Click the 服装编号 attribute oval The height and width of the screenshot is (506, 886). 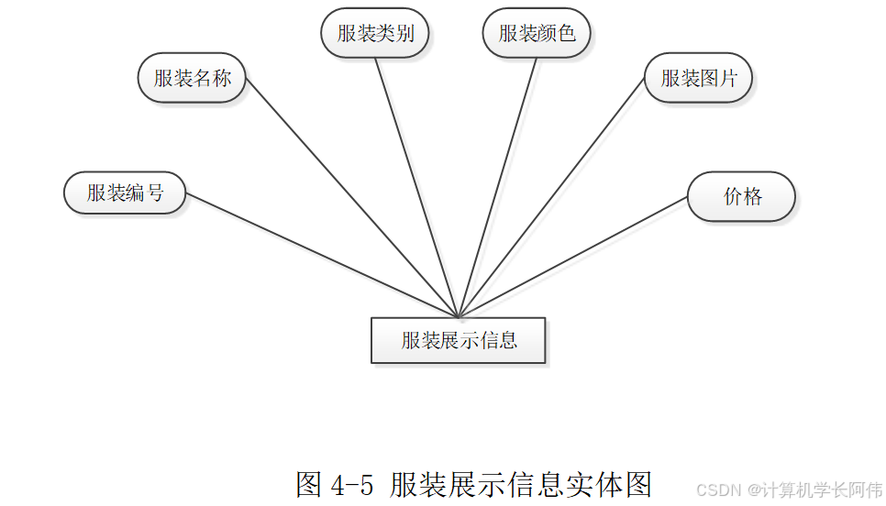pyautogui.click(x=125, y=193)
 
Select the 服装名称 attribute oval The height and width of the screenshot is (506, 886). pyautogui.click(x=192, y=78)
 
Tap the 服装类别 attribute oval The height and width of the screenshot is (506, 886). pyautogui.click(x=375, y=34)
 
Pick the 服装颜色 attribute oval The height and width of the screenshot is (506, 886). pyautogui.click(x=537, y=34)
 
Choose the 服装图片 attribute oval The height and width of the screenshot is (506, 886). pyautogui.click(x=698, y=78)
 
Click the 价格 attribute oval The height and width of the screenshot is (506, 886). pyautogui.click(x=741, y=196)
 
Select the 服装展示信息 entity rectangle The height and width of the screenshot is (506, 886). pyautogui.click(x=459, y=340)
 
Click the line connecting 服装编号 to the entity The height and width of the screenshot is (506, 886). pyautogui.click(x=321, y=256)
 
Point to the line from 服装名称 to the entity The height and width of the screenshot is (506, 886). pyautogui.click(x=352, y=197)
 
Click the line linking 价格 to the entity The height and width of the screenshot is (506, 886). pyautogui.click(x=573, y=257)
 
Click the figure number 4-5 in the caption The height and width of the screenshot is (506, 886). pyautogui.click(x=352, y=484)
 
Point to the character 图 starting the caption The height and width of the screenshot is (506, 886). pyautogui.click(x=309, y=484)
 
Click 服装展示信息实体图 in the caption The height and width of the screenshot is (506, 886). pyautogui.click(x=520, y=484)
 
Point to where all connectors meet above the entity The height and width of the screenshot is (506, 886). pyautogui.click(x=458, y=317)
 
